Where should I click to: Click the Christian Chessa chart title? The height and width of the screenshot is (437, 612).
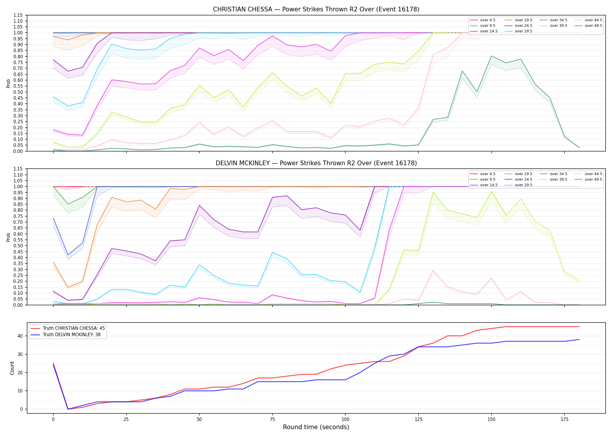coord(316,9)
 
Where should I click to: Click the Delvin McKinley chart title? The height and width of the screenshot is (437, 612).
coord(316,163)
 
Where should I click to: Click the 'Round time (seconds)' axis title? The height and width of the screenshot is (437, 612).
coord(316,427)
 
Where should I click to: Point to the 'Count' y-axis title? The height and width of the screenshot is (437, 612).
coord(12,368)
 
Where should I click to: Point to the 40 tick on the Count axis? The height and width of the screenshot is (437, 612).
coord(20,336)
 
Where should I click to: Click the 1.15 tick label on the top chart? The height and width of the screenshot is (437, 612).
coord(18,15)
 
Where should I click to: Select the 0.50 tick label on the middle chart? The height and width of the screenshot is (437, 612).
coord(18,246)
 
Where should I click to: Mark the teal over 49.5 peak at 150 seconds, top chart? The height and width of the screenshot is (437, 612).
coord(492,56)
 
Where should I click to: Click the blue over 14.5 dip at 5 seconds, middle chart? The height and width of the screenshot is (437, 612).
coord(68,255)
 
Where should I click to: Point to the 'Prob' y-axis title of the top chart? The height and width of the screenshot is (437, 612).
coord(8,83)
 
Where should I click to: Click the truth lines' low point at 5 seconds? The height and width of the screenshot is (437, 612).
coord(68,409)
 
